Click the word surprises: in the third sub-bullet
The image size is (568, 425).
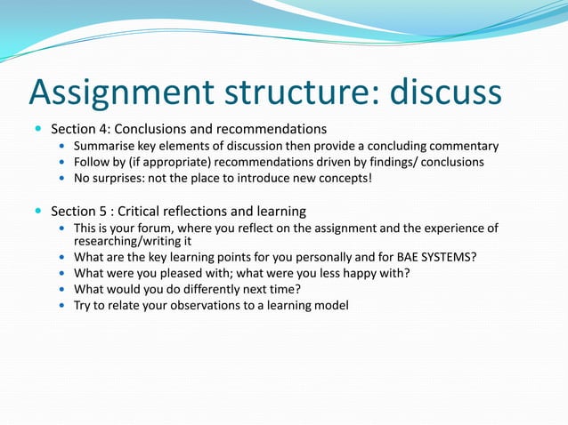tap(127, 179)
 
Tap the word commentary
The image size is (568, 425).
tap(463, 146)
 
